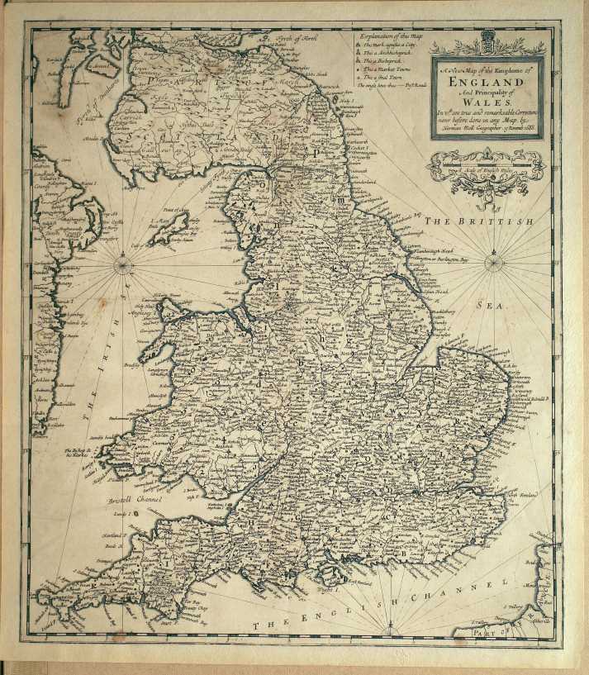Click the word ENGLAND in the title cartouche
[x=486, y=83]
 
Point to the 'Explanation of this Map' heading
[x=385, y=37]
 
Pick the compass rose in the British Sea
[x=493, y=264]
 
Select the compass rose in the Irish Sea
[x=122, y=265]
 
